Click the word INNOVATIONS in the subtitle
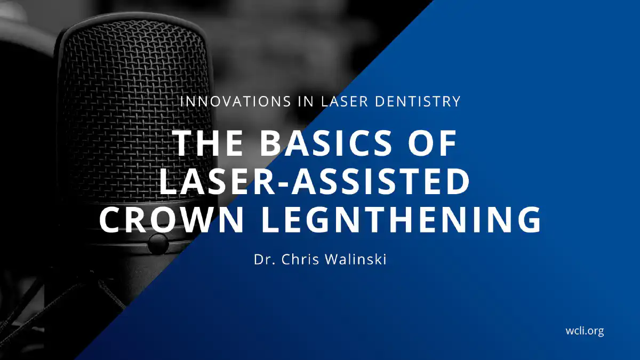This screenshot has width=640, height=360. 235,101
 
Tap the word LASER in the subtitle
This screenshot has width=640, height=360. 345,101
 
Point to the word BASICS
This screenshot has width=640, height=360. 325,143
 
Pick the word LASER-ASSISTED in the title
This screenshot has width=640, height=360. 314,182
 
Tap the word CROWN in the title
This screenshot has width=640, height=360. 171,219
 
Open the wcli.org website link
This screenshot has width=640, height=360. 585,331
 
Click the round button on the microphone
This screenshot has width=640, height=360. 158,244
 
